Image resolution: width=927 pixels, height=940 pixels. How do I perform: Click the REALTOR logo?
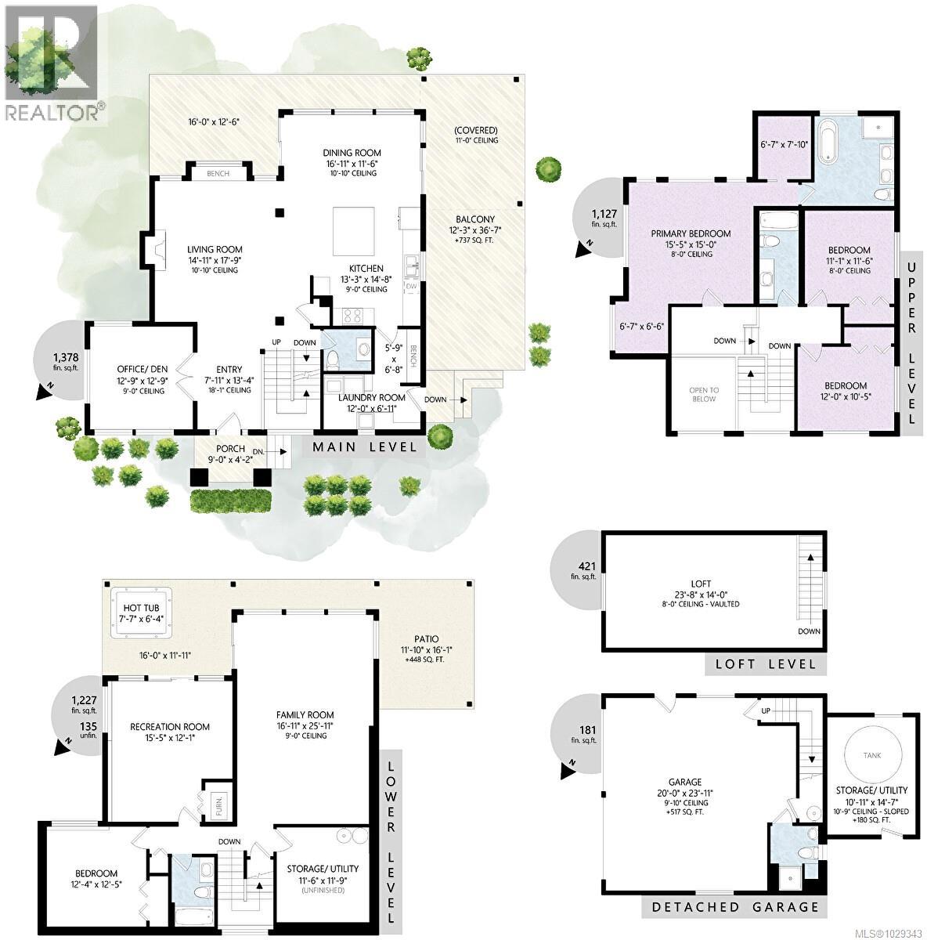(52, 63)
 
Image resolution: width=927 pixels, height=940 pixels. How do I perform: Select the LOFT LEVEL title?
(763, 663)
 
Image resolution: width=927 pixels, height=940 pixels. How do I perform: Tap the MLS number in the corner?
(888, 932)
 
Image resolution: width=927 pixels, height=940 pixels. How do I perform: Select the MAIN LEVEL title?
(364, 447)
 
